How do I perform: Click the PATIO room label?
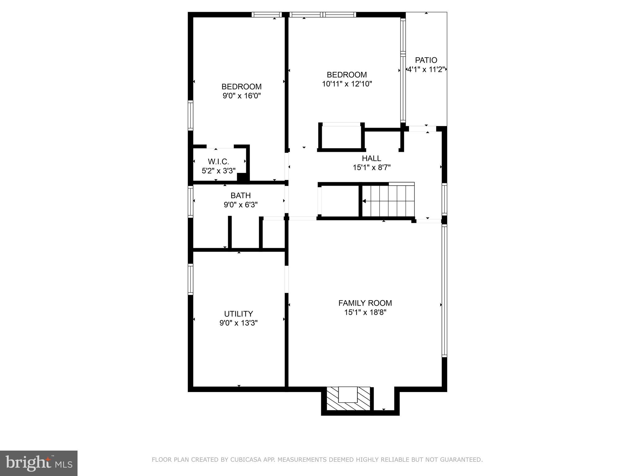pos(426,60)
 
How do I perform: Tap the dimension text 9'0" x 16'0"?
pos(242,96)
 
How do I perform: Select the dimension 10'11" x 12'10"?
pos(347,84)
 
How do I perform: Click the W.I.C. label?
pos(218,161)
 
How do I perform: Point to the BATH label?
pos(241,196)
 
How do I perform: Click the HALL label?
pos(371,158)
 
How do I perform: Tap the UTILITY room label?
pos(238,314)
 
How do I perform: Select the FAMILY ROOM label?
pos(365,303)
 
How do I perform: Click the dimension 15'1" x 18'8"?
pos(365,312)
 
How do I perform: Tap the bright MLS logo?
pos(39,463)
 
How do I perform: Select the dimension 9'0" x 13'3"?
pos(238,323)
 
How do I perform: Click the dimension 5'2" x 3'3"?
pos(219,171)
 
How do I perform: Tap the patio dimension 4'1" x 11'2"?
pos(426,69)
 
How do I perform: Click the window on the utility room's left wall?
pos(190,279)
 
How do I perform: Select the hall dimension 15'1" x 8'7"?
pos(371,168)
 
